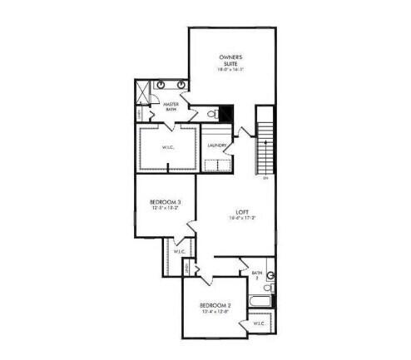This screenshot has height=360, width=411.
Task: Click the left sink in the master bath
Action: tap(159, 84)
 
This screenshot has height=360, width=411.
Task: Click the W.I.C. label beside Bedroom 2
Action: tap(259, 323)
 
